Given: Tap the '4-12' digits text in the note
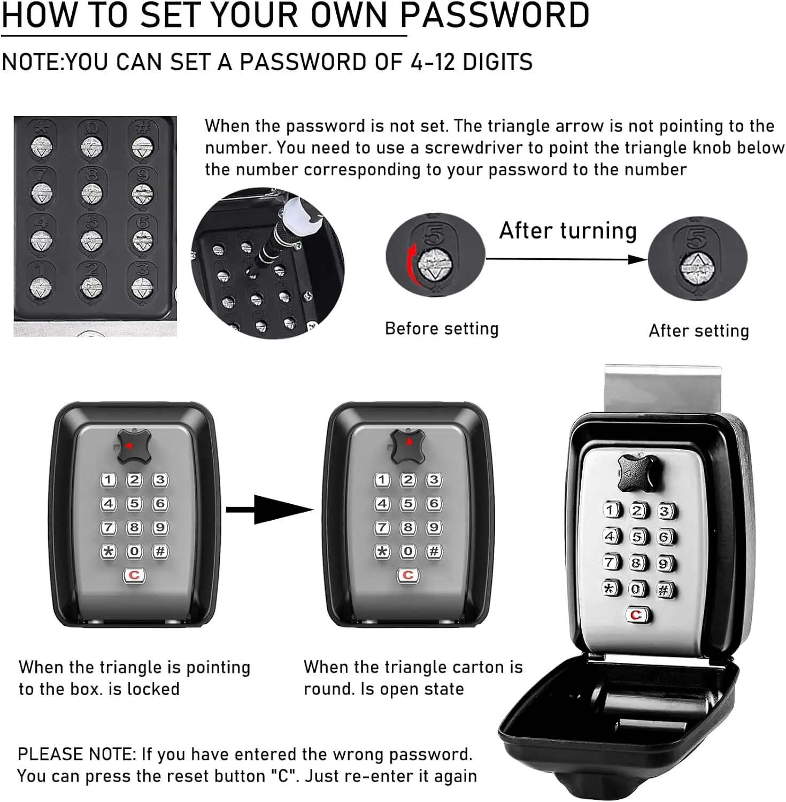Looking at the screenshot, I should click(x=433, y=62).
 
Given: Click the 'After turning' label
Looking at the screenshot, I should click(x=568, y=231).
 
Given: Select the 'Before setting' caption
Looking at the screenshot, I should click(x=442, y=328).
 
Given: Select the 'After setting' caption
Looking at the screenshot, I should click(x=698, y=331).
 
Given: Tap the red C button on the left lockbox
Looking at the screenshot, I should click(x=134, y=575).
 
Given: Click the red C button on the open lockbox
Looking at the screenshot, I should click(x=636, y=615).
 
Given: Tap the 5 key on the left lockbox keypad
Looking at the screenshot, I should click(x=134, y=504).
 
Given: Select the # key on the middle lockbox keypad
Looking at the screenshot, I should click(x=434, y=551).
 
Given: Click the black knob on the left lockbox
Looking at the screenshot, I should click(x=133, y=445).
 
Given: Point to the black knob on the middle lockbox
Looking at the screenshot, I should click(x=407, y=445).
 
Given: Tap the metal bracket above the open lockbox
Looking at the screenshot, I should click(x=663, y=388).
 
